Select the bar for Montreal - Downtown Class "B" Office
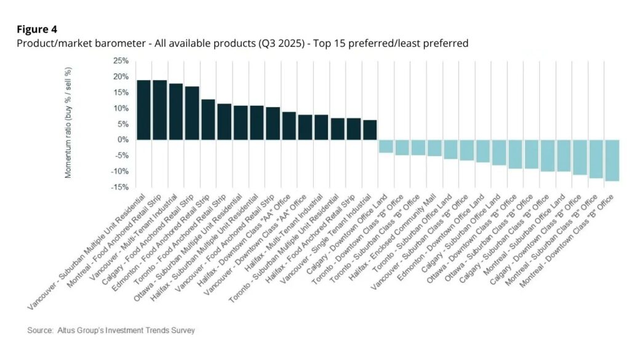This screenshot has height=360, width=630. pyautogui.click(x=612, y=160)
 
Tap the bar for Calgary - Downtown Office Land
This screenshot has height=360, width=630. pyautogui.click(x=386, y=146)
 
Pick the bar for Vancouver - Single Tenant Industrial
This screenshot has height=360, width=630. pyautogui.click(x=370, y=130)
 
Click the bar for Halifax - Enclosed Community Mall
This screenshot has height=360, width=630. pyautogui.click(x=434, y=148)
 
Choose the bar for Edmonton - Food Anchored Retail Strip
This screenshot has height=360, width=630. pyautogui.click(x=208, y=119)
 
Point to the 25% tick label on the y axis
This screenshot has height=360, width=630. pyautogui.click(x=120, y=61)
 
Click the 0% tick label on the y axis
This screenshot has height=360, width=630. pyautogui.click(x=122, y=140)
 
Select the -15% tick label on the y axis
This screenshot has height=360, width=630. pyautogui.click(x=119, y=187)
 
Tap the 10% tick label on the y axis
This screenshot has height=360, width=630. pyautogui.click(x=120, y=108)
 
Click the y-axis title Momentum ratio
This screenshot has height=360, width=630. pyautogui.click(x=68, y=124)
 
